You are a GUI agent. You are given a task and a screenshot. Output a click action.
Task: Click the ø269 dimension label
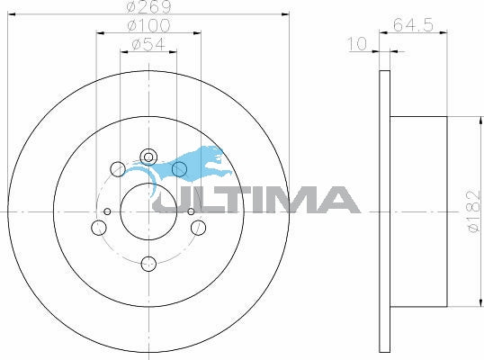click(x=148, y=7)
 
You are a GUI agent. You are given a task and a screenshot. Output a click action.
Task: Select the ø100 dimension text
click(x=148, y=25)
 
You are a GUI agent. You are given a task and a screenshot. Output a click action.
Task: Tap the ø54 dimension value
click(x=148, y=44)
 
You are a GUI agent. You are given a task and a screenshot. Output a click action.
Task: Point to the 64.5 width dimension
click(x=413, y=24)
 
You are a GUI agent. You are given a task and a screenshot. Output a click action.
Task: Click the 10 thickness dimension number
click(x=357, y=44)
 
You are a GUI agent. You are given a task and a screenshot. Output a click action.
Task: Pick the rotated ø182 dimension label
click(x=473, y=211)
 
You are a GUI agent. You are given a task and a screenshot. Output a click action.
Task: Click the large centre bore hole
click(x=148, y=211)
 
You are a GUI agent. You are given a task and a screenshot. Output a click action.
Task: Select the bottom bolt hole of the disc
click(x=148, y=264)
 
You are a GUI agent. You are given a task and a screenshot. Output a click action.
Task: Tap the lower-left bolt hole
click(x=99, y=228)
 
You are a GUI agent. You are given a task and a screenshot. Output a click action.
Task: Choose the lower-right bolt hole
click(x=198, y=228)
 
